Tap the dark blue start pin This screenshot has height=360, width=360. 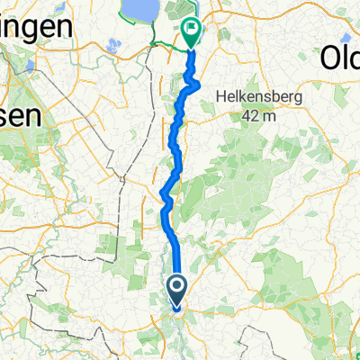pyautogui.click(x=176, y=290)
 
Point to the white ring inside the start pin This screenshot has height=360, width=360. pyautogui.click(x=176, y=288)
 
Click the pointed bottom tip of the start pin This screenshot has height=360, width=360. pyautogui.click(x=176, y=309)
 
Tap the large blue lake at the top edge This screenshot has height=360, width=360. pyautogui.click(x=140, y=10)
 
